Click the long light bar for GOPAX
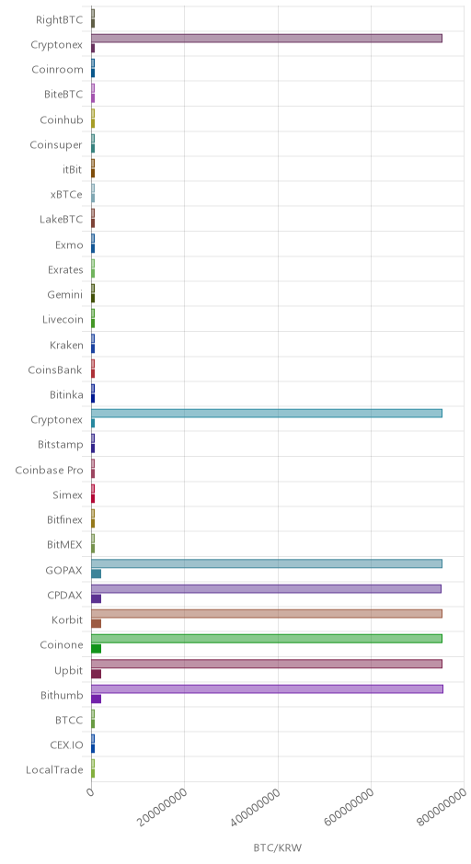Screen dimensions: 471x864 (267, 563)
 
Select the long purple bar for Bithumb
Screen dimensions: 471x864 (267, 688)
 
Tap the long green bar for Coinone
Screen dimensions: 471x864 (267, 639)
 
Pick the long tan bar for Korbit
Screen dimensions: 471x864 (267, 614)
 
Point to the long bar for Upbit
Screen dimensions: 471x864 (267, 664)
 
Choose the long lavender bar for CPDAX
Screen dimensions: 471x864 (266, 589)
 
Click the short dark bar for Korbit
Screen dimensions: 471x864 (96, 624)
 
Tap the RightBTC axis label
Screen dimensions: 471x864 (59, 20)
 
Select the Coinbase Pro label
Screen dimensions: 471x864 (49, 470)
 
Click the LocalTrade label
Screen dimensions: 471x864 (54, 769)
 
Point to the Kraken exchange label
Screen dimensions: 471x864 (66, 345)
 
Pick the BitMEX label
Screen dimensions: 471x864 (64, 544)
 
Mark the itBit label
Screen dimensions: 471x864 (72, 170)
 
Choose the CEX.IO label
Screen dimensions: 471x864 (66, 745)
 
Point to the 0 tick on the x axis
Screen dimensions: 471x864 (91, 792)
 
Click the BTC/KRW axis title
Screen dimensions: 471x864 (278, 847)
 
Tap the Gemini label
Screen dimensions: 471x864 (64, 295)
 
